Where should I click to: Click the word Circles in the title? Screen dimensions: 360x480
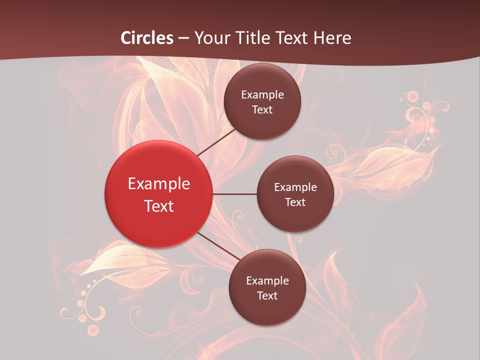pyautogui.click(x=147, y=38)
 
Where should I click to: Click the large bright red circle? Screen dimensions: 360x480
pyautogui.click(x=158, y=194)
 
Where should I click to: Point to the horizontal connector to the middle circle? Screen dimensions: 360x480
pyautogui.click(x=235, y=194)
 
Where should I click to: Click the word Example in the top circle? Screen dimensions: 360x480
pyautogui.click(x=262, y=95)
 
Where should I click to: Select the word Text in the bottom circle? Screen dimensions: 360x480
pyautogui.click(x=267, y=296)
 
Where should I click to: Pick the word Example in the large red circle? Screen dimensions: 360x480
pyautogui.click(x=159, y=184)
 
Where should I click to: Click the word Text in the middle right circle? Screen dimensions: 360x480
pyautogui.click(x=295, y=202)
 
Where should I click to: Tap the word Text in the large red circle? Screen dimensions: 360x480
pyautogui.click(x=159, y=206)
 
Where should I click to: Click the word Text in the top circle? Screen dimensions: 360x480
pyautogui.click(x=262, y=110)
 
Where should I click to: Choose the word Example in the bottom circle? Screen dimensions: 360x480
pyautogui.click(x=267, y=281)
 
